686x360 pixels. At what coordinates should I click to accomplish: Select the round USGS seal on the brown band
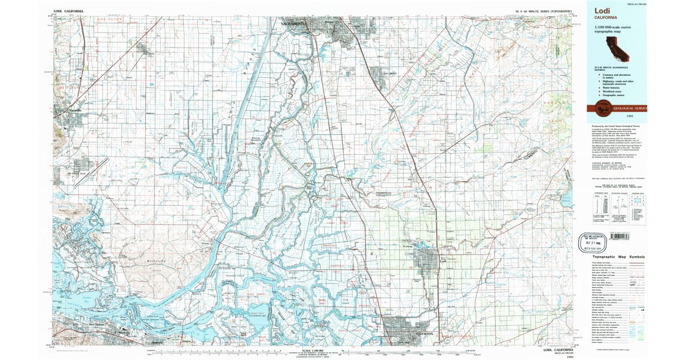[602, 107]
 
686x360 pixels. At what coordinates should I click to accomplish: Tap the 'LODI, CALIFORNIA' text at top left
[67, 11]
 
